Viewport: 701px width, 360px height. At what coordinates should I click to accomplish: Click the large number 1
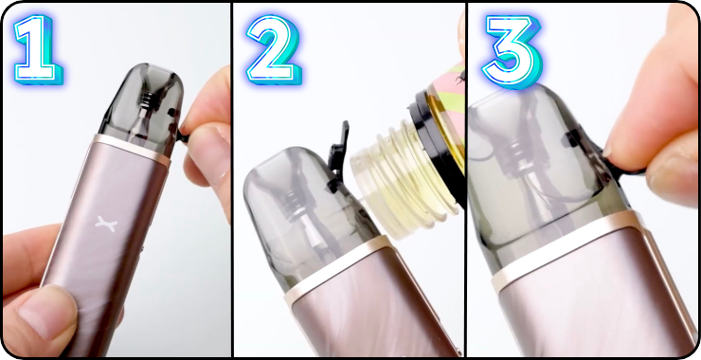(37, 49)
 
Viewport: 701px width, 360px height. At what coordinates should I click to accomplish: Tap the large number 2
(273, 49)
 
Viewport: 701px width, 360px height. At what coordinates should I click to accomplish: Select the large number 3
(512, 51)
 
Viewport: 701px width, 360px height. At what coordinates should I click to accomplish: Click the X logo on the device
(106, 224)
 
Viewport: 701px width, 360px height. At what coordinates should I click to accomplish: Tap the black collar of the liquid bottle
(436, 143)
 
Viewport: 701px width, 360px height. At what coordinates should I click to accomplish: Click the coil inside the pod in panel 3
(515, 156)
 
